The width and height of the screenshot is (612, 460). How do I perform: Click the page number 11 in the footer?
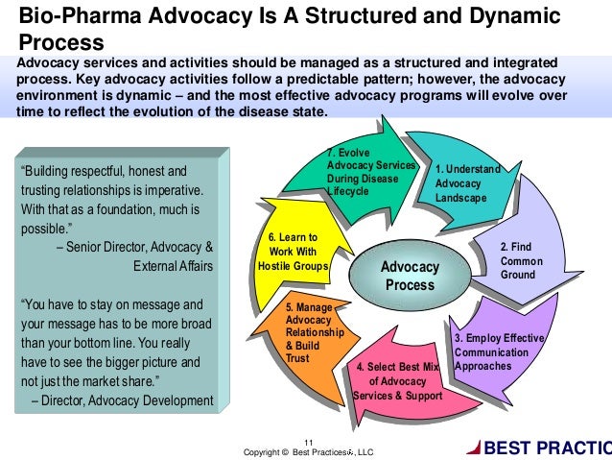(308, 441)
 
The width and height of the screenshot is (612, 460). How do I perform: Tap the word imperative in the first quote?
(170, 190)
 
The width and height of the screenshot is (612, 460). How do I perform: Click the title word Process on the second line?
(56, 43)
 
